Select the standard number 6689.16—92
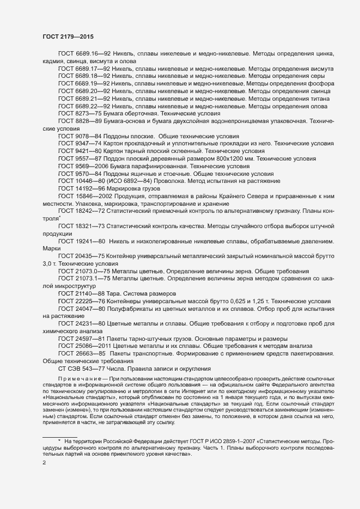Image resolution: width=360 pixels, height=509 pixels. pyautogui.click(x=96, y=54)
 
